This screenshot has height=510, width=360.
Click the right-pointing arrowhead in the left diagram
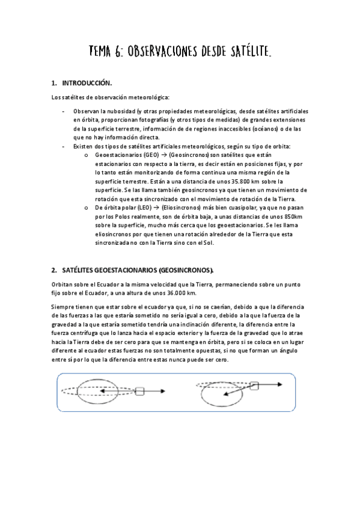163,392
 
